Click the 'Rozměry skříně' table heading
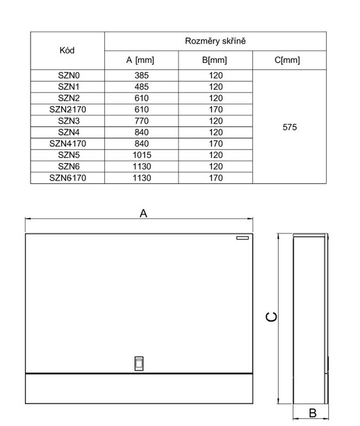215,41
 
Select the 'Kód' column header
67,50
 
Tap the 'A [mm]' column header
140,60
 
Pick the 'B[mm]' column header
215,60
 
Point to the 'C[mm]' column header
289,60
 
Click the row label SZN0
67,75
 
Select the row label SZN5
67,155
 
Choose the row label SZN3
67,121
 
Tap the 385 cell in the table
141,75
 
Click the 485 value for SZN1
141,87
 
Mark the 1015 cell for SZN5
141,155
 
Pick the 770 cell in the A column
141,121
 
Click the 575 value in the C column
289,127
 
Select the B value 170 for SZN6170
215,178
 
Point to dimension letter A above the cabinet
143,213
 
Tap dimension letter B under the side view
312,413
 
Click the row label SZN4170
67,143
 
